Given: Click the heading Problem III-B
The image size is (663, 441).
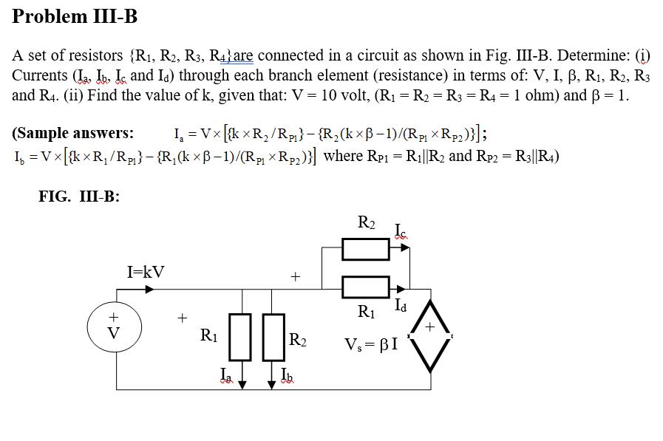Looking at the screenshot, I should (75, 16).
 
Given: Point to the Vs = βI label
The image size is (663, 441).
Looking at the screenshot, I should (371, 343).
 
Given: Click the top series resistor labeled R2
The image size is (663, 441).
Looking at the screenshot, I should (366, 248).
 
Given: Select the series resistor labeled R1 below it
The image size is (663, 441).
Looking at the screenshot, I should (365, 287).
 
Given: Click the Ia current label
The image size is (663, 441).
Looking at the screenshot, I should (226, 376).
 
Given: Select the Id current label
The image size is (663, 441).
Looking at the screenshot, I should (401, 304).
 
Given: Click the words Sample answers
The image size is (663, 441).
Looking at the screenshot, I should (73, 134).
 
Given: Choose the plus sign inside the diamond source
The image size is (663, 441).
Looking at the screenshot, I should (429, 326).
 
